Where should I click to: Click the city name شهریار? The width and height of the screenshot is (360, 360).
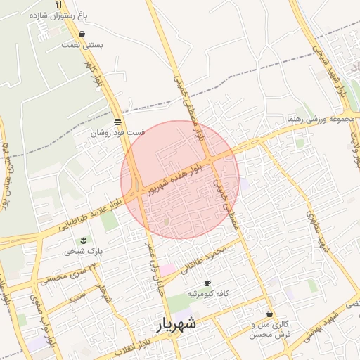[175, 325]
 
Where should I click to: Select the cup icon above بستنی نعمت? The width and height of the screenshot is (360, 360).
[83, 34]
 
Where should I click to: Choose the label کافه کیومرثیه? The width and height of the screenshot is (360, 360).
[207, 293]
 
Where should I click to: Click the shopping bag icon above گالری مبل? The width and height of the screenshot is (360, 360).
[269, 314]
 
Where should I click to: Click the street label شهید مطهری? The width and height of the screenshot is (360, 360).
[316, 232]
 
